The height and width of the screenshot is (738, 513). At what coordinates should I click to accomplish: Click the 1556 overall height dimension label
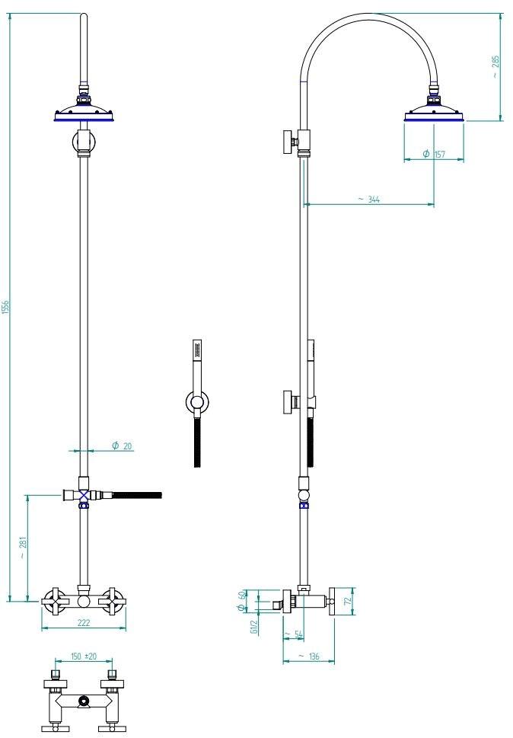click(5, 306)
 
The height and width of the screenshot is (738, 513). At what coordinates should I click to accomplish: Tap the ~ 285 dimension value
click(495, 67)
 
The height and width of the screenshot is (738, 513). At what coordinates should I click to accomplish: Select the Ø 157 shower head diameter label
click(434, 154)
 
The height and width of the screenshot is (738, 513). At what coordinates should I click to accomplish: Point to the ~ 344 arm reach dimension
click(368, 199)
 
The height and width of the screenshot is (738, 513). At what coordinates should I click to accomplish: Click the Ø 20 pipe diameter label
click(122, 446)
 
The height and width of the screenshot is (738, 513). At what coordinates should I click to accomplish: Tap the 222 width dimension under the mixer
click(83, 623)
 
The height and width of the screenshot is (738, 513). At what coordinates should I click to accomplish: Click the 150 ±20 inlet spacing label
click(84, 656)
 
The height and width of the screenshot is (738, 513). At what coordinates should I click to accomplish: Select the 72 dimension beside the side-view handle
click(349, 601)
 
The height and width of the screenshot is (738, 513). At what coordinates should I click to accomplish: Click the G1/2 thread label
click(254, 627)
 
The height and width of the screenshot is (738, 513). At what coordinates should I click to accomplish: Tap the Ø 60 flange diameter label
click(242, 601)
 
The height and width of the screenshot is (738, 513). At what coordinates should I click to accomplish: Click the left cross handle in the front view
click(55, 601)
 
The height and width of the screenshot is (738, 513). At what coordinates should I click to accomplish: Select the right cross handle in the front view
click(113, 601)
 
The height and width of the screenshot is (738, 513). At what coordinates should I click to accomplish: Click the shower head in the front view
click(85, 113)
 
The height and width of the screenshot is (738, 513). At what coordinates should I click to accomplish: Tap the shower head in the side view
click(434, 113)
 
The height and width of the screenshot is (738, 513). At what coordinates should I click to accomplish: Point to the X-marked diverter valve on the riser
click(84, 495)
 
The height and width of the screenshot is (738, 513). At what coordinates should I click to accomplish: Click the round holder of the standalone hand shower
click(197, 404)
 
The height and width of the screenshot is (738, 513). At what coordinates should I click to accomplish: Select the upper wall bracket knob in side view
click(288, 141)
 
